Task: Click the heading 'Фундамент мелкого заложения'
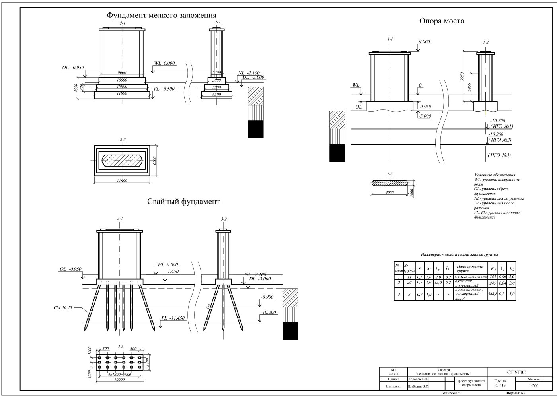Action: tap(161, 16)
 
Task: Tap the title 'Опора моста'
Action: tap(441, 21)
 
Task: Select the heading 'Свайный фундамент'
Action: tap(184, 202)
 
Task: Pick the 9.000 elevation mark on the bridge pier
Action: tap(425, 41)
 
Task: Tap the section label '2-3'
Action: tap(123, 140)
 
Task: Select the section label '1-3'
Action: tap(390, 174)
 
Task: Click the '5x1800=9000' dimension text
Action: tap(120, 374)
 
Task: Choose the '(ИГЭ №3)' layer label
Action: tap(499, 155)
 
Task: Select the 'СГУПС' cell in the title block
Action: tap(516, 373)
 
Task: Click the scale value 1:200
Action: tap(534, 386)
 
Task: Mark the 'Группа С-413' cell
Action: tap(501, 383)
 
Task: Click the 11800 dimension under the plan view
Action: tap(121, 181)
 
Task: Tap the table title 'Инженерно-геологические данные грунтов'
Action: tap(459, 254)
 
